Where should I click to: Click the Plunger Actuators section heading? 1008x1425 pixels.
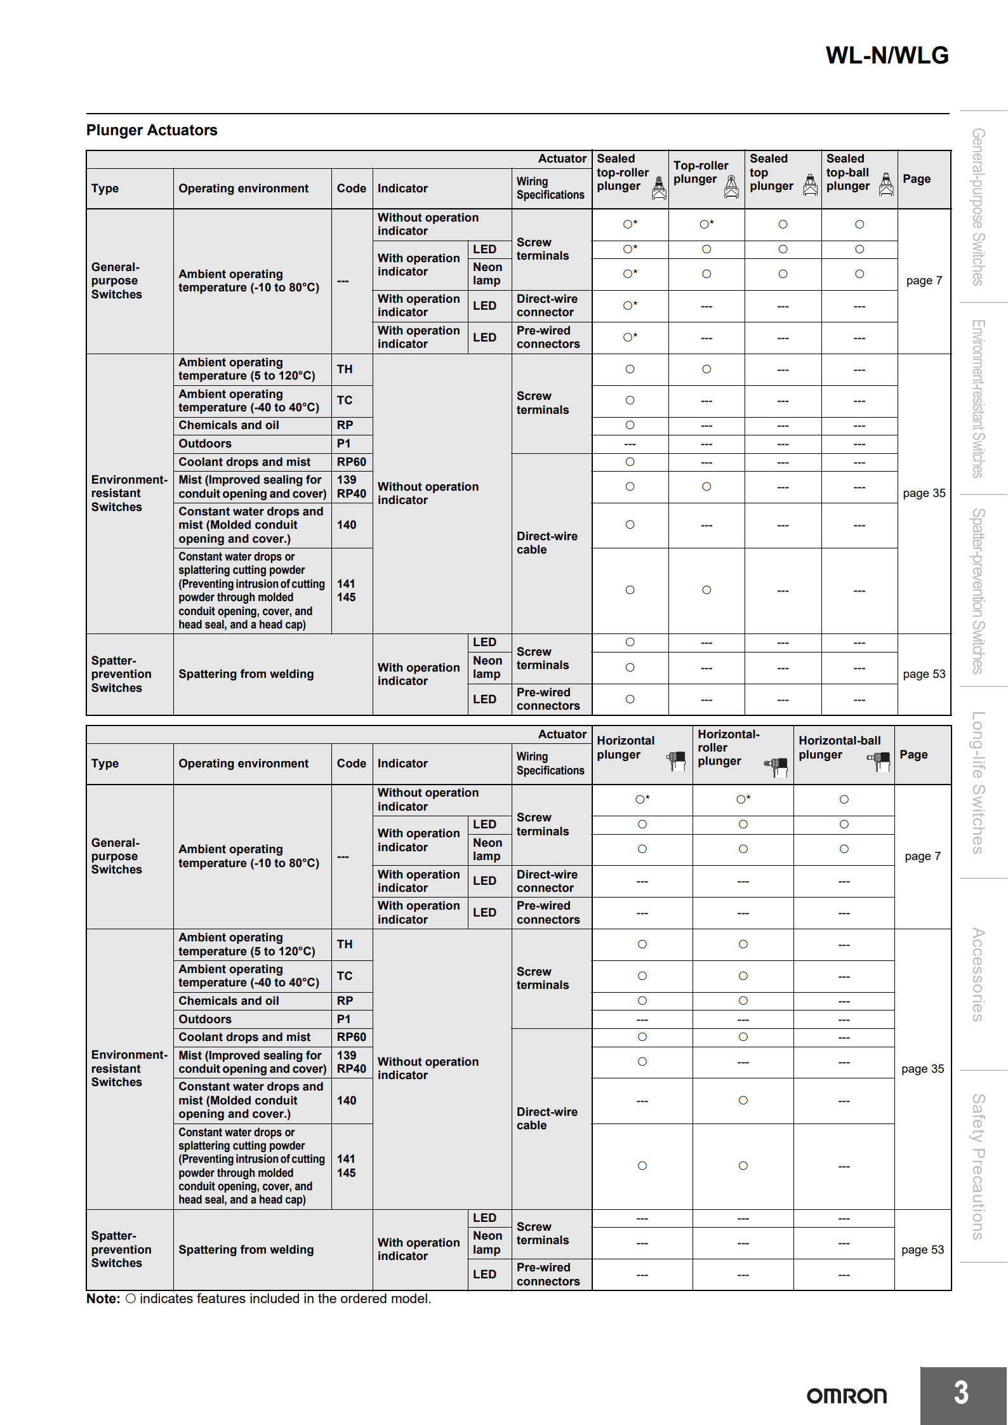pos(152,130)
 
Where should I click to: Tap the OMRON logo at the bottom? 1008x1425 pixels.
pos(846,1396)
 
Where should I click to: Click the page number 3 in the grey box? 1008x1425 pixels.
pos(961,1393)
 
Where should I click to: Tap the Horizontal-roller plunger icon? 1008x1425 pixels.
pos(776,766)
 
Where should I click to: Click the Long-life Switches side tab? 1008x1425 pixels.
pos(978,783)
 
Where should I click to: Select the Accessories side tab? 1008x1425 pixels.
pos(978,974)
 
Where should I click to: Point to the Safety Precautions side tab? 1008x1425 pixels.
pos(978,1166)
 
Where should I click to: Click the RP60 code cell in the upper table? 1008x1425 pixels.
pos(351,462)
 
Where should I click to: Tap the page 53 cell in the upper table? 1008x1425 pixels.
pos(924,674)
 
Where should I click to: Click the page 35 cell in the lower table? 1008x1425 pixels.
pos(922,1069)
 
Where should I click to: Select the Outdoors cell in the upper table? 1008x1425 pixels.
pos(205,444)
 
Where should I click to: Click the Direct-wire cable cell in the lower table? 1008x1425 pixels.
pos(547,1118)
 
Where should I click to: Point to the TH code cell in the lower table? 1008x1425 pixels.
pos(345,944)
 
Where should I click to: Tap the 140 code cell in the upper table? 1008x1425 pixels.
pos(346,525)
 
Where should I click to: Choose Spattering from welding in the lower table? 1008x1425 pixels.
pos(246,1250)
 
